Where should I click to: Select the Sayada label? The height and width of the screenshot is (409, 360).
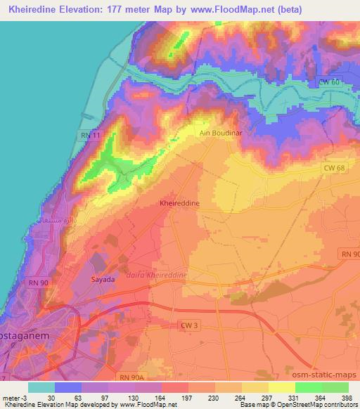coord(103,279)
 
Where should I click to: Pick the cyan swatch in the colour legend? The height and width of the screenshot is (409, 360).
coord(41,387)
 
